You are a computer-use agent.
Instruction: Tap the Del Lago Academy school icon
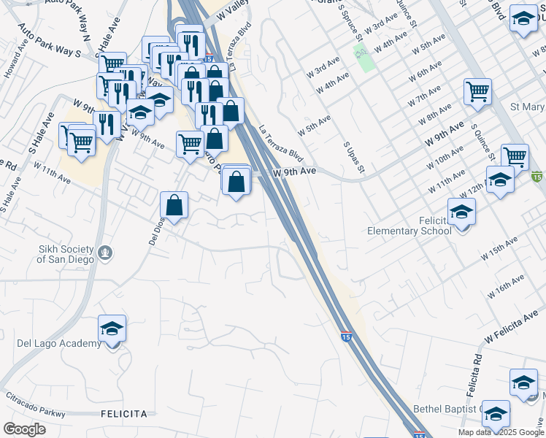coord(112,329)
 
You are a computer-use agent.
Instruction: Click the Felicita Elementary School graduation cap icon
coord(461,212)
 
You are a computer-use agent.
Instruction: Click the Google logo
coord(25,429)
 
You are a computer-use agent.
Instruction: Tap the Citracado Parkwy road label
coord(36,401)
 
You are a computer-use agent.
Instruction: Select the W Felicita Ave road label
coord(515,326)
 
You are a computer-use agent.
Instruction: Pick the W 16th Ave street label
coord(508,285)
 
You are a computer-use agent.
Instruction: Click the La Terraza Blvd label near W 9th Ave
coord(281,142)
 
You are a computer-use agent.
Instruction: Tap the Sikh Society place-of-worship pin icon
coord(107,253)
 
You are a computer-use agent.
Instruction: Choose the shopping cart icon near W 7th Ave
coord(477,92)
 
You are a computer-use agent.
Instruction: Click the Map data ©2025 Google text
coord(500,432)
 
